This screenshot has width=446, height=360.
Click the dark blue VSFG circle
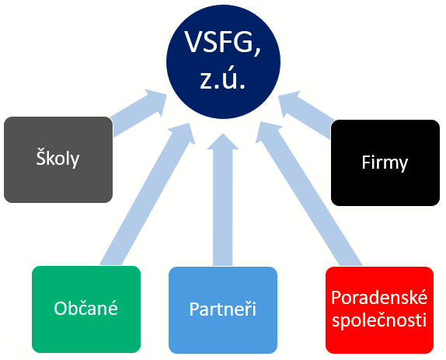click(x=223, y=61)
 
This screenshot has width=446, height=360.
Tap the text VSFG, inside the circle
click(x=222, y=43)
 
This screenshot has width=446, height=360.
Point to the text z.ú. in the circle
click(x=222, y=79)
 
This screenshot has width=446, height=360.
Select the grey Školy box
click(x=58, y=159)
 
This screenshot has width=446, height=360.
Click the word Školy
click(x=57, y=158)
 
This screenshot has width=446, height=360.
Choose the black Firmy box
click(x=385, y=163)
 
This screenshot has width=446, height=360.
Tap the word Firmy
click(x=385, y=163)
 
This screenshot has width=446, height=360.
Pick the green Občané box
click(x=86, y=309)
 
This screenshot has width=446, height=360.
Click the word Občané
click(x=86, y=308)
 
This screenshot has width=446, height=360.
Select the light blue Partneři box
click(x=223, y=310)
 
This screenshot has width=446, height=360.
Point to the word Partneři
click(x=223, y=309)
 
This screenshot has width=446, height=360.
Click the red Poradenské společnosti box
click(x=379, y=310)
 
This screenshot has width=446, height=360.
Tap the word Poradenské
click(x=379, y=298)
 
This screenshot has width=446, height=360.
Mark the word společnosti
click(x=379, y=320)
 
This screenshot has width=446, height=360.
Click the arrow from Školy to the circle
click(x=138, y=113)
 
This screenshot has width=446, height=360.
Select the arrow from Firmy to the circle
click(x=306, y=115)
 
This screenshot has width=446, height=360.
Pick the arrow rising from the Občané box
click(x=148, y=194)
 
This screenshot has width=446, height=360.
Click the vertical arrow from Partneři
click(x=223, y=199)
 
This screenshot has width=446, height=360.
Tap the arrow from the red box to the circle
click(x=309, y=194)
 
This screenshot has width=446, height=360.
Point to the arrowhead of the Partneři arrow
click(x=223, y=142)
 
